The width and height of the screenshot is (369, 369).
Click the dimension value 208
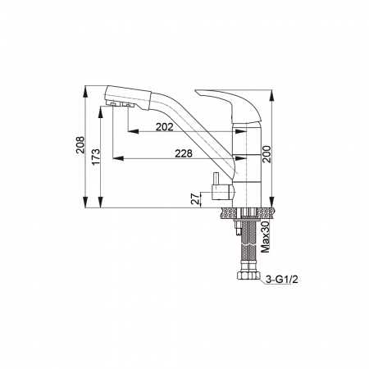[x=80, y=144]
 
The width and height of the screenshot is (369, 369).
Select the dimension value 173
[x=96, y=157]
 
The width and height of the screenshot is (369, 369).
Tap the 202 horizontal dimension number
[x=165, y=127]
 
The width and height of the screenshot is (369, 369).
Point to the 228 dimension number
[x=184, y=153]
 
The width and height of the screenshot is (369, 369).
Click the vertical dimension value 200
[x=266, y=154]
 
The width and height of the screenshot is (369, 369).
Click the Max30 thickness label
[x=265, y=237]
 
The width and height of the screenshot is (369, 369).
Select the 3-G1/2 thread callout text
[x=282, y=280]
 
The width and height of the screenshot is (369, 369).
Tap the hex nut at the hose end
[x=248, y=275]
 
